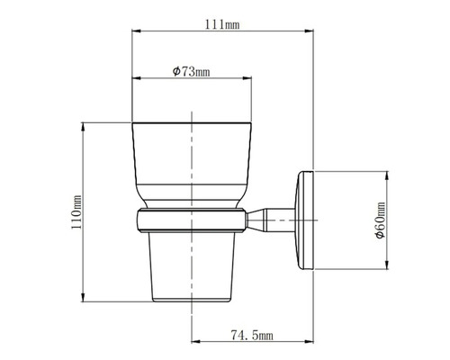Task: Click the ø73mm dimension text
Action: [190, 70]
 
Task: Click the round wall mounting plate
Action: [304, 218]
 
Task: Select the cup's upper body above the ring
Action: [192, 162]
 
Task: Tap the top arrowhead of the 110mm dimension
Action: [85, 127]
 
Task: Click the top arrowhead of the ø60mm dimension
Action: [388, 172]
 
